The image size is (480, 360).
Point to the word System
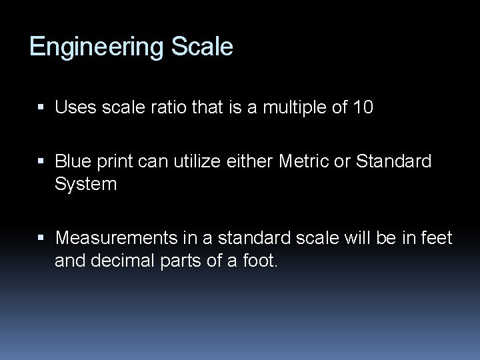click(x=86, y=183)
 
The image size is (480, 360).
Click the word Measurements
click(x=111, y=237)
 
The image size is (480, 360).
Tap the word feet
click(x=437, y=237)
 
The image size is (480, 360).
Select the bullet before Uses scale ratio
click(x=45, y=107)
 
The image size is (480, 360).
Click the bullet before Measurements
click(x=45, y=238)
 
